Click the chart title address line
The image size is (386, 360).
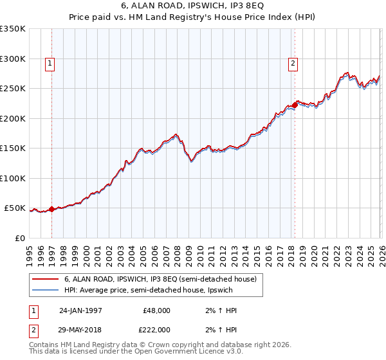point(192,6)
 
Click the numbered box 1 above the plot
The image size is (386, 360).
point(50,63)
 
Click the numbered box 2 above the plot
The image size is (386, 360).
point(293,63)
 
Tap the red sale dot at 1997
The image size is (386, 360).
point(52,210)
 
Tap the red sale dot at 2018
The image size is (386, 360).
point(295,105)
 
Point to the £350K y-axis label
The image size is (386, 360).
point(13,29)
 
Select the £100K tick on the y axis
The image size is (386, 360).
point(13,178)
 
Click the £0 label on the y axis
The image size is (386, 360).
point(19,238)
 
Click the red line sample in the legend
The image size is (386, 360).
point(45,279)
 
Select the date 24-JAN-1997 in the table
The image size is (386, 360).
point(80,310)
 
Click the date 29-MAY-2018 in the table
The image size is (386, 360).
point(80,329)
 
